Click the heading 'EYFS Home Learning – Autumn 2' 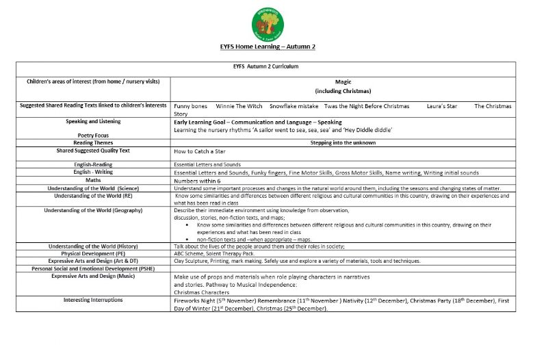[267, 47]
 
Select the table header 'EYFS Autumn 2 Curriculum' [265, 66]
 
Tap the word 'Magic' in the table [343, 82]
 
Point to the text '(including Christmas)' [343, 91]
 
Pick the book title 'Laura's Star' [441, 106]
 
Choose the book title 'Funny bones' [191, 106]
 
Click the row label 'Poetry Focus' [93, 136]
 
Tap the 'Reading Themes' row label [93, 142]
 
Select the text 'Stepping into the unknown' [343, 143]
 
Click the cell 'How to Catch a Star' [199, 151]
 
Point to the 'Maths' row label [93, 181]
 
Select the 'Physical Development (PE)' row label [93, 253]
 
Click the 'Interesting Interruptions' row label [93, 300]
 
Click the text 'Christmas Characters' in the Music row [201, 292]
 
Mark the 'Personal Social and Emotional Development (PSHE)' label [93, 268]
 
